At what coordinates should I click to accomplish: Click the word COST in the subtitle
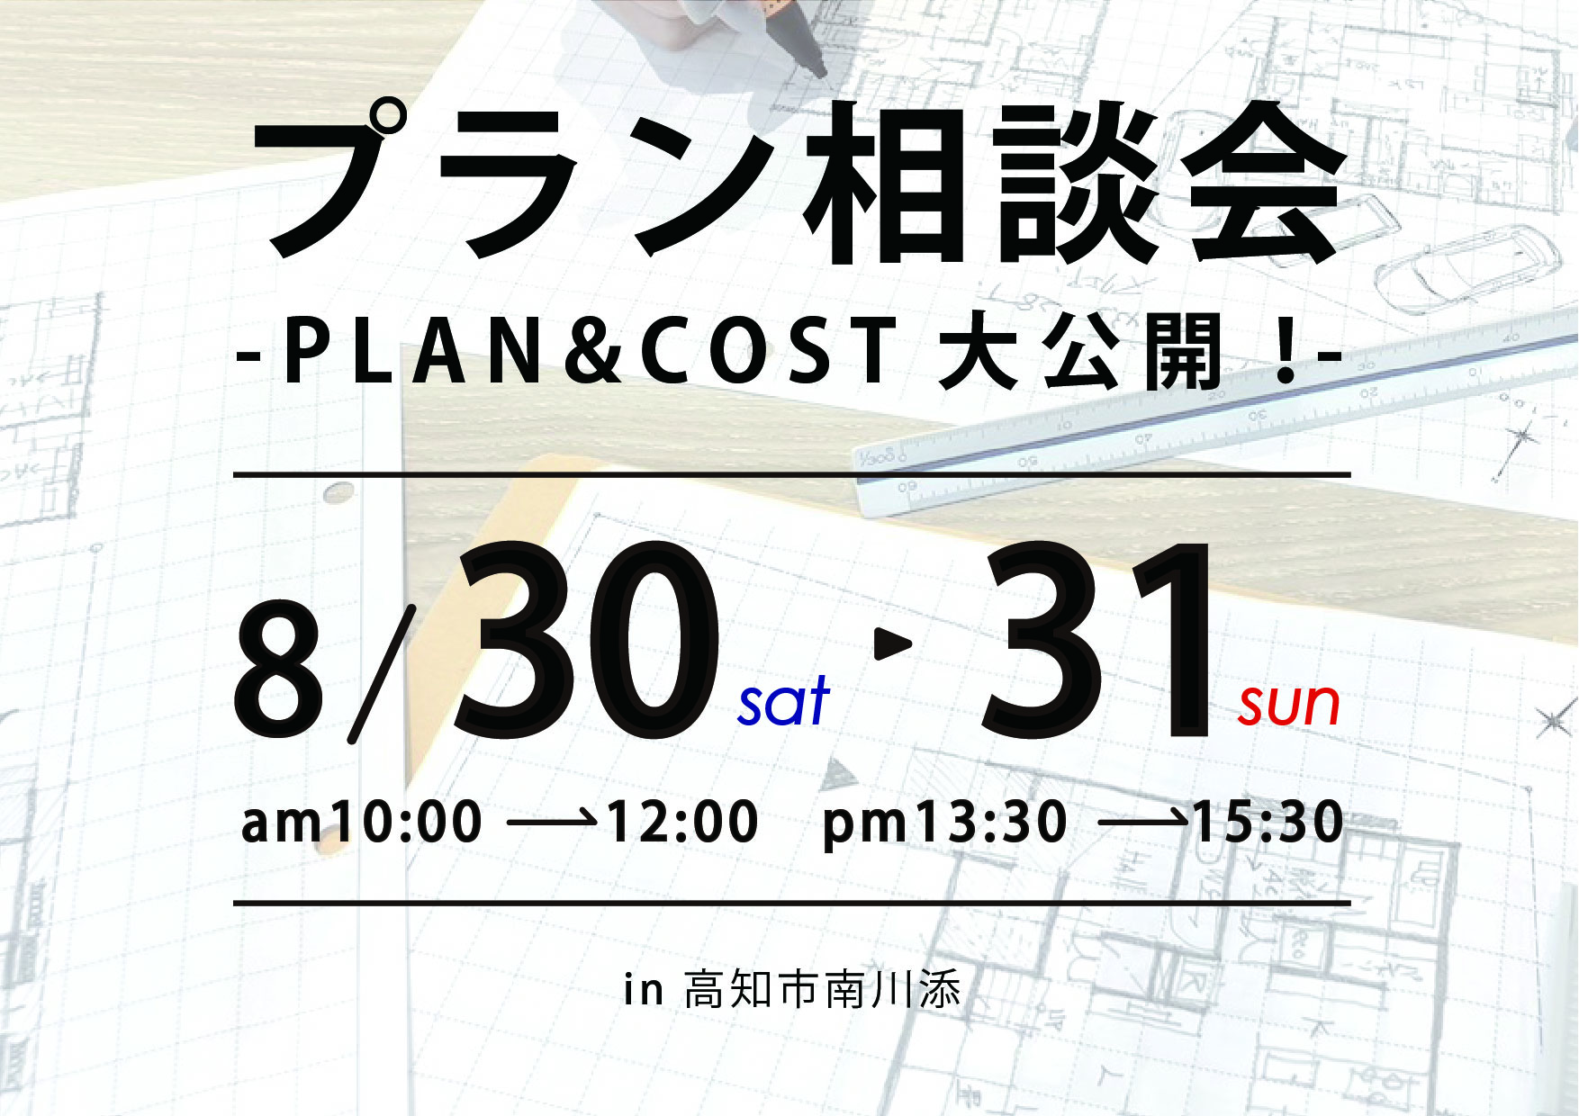click(770, 352)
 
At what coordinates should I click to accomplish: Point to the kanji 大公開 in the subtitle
click(1080, 352)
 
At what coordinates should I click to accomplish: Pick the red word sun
click(1289, 705)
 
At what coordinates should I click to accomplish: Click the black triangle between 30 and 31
click(892, 643)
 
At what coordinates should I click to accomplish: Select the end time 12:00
click(682, 822)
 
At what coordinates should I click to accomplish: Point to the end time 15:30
click(1268, 822)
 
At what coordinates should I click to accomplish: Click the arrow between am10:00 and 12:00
click(553, 820)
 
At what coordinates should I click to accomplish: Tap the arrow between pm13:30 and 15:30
click(1143, 820)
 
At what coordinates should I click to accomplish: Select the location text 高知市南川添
click(822, 989)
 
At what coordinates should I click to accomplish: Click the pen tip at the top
click(818, 70)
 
